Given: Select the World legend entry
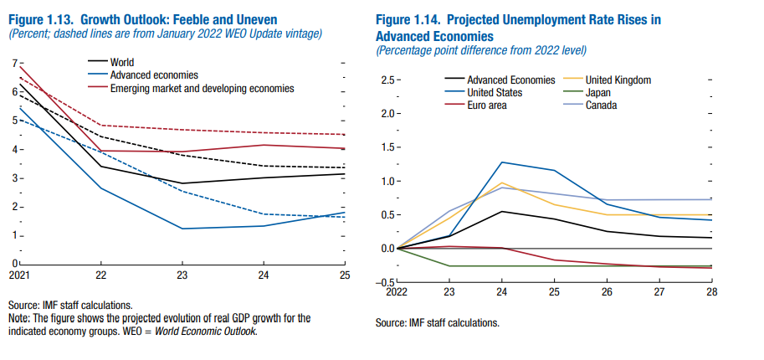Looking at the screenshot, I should point(122,62).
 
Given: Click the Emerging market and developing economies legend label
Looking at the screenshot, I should point(202,87).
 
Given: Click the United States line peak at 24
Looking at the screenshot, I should point(500,162).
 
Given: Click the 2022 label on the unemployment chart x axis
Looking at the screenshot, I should point(397,293).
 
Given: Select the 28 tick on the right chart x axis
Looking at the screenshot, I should point(711,293).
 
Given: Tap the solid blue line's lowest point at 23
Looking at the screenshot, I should point(182,228).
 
